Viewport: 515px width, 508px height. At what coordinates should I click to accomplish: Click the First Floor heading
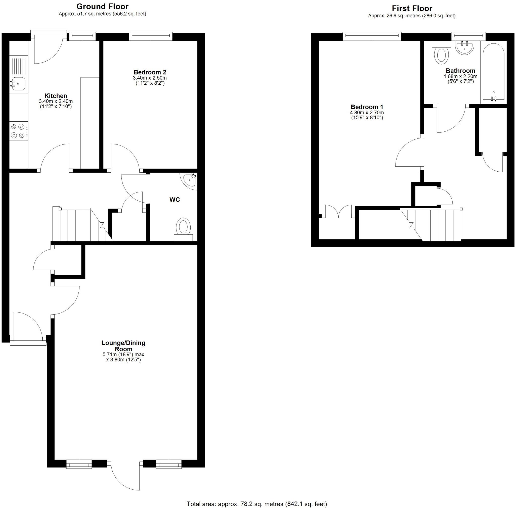click(412, 9)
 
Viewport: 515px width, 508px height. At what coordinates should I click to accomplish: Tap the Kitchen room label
click(56, 96)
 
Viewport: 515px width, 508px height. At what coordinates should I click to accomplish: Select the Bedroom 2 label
click(150, 72)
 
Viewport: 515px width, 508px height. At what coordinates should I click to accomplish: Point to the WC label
click(175, 199)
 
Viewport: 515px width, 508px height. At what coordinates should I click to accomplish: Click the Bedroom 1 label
click(367, 107)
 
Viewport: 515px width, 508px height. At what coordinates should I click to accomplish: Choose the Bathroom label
click(460, 71)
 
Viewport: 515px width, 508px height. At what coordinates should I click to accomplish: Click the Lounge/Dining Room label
click(123, 346)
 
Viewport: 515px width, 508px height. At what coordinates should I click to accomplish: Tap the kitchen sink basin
click(18, 84)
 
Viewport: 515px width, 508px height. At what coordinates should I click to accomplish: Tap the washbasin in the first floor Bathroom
click(465, 48)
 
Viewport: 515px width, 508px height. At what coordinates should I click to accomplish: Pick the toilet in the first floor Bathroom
click(441, 55)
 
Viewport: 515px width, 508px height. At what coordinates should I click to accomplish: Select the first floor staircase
click(435, 224)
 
